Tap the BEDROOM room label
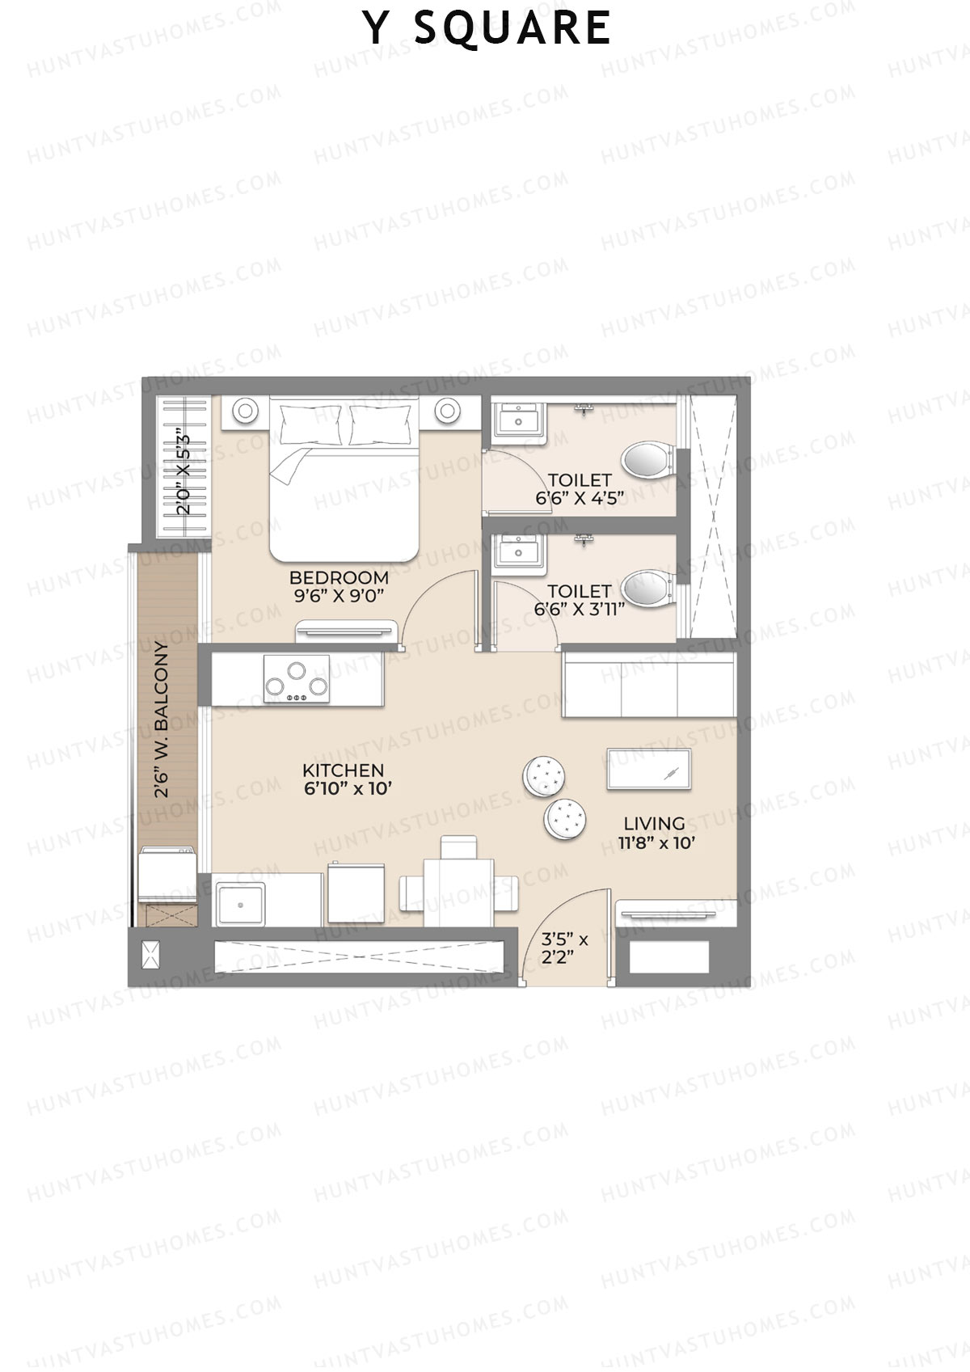point(339,577)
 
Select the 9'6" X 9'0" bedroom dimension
point(338,596)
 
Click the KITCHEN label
point(343,770)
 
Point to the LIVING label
point(654,823)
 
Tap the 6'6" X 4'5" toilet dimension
point(579,498)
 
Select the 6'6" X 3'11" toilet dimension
point(579,609)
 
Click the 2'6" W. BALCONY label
point(162,720)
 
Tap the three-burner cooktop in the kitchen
point(296,678)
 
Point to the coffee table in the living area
point(648,769)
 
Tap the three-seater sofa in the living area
point(649,686)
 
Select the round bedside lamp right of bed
point(446,410)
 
